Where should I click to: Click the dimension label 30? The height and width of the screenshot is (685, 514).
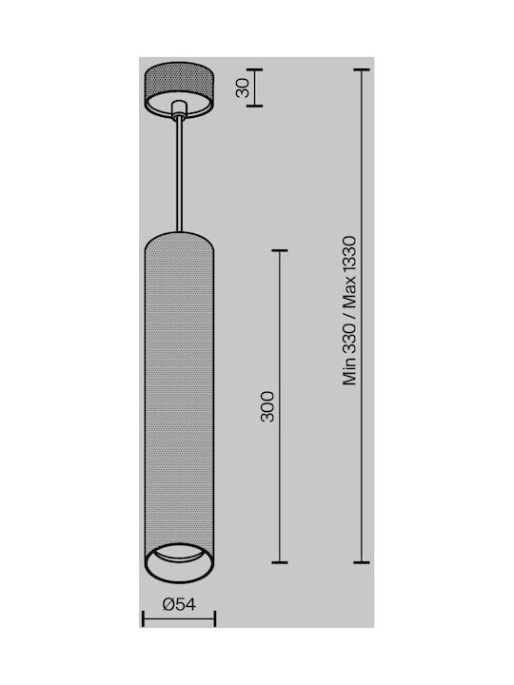[x=243, y=88]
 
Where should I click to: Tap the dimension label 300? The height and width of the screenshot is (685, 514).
[x=267, y=407]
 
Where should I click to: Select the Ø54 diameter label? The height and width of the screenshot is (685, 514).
[x=179, y=604]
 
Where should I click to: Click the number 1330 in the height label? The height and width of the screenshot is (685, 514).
[x=349, y=261]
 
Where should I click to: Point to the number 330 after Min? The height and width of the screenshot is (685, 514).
[x=349, y=339]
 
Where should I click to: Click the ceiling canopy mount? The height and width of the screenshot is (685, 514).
[x=180, y=89]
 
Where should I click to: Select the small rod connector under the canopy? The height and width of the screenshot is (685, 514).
[x=179, y=110]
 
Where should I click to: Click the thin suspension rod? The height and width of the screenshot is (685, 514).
[x=179, y=175]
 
